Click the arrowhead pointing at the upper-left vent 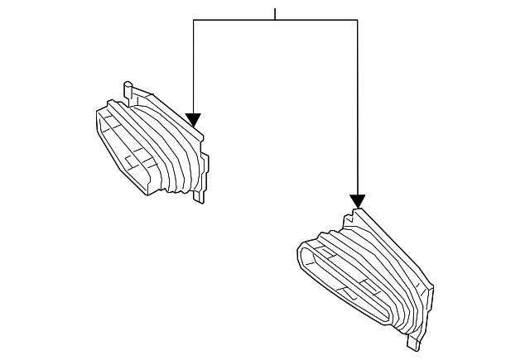[x=193, y=120]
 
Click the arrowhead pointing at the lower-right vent [x=357, y=201]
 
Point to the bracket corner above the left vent [x=193, y=20]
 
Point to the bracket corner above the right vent [x=357, y=20]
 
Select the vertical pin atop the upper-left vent [x=128, y=90]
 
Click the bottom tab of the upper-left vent [x=199, y=196]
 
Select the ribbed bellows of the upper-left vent [x=166, y=149]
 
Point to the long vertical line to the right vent [x=357, y=108]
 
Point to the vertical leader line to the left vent [x=193, y=66]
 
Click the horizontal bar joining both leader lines [x=275, y=20]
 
